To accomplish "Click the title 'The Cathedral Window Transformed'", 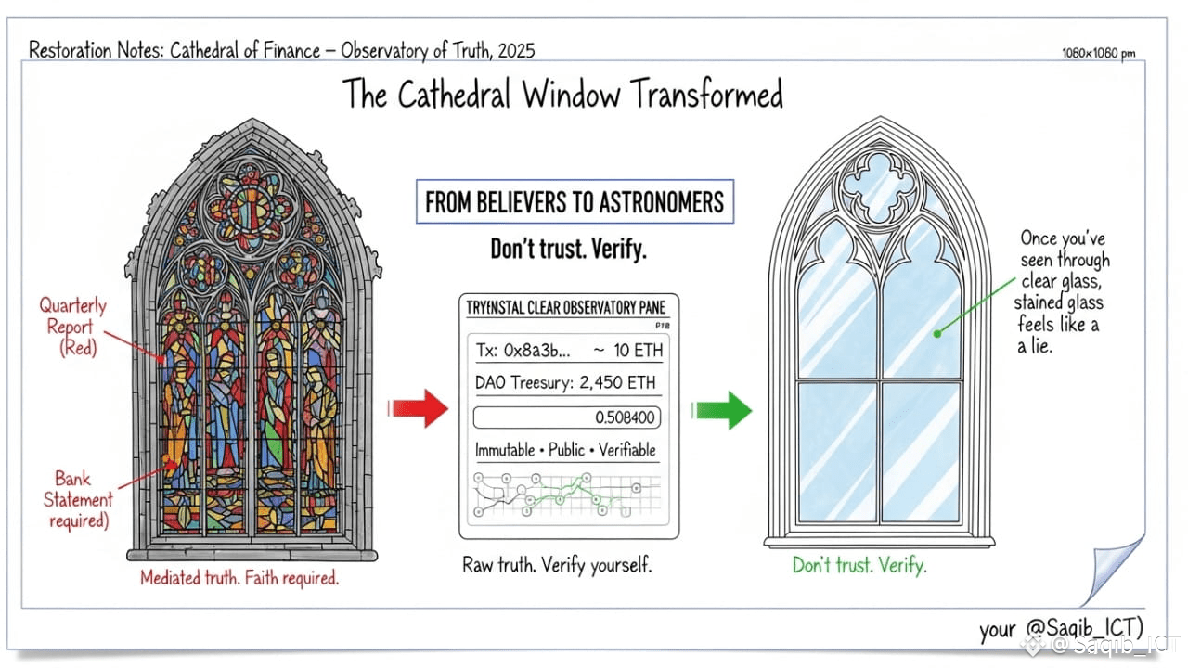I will [562, 95].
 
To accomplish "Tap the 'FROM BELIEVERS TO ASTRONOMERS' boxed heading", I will [575, 202].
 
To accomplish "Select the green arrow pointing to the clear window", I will [723, 409].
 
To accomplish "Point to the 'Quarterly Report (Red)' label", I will [72, 326].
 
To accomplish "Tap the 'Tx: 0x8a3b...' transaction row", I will [569, 350].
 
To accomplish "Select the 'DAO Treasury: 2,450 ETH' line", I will [569, 382].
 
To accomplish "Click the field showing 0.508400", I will [567, 417].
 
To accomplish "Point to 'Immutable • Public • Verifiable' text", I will [565, 450].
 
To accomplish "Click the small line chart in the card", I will [567, 495].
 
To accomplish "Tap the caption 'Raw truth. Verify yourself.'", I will [557, 564].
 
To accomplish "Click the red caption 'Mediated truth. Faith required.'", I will [239, 578].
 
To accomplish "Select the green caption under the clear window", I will [859, 564].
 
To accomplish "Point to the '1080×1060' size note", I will [1099, 54].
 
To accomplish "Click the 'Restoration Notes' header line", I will [282, 50].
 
